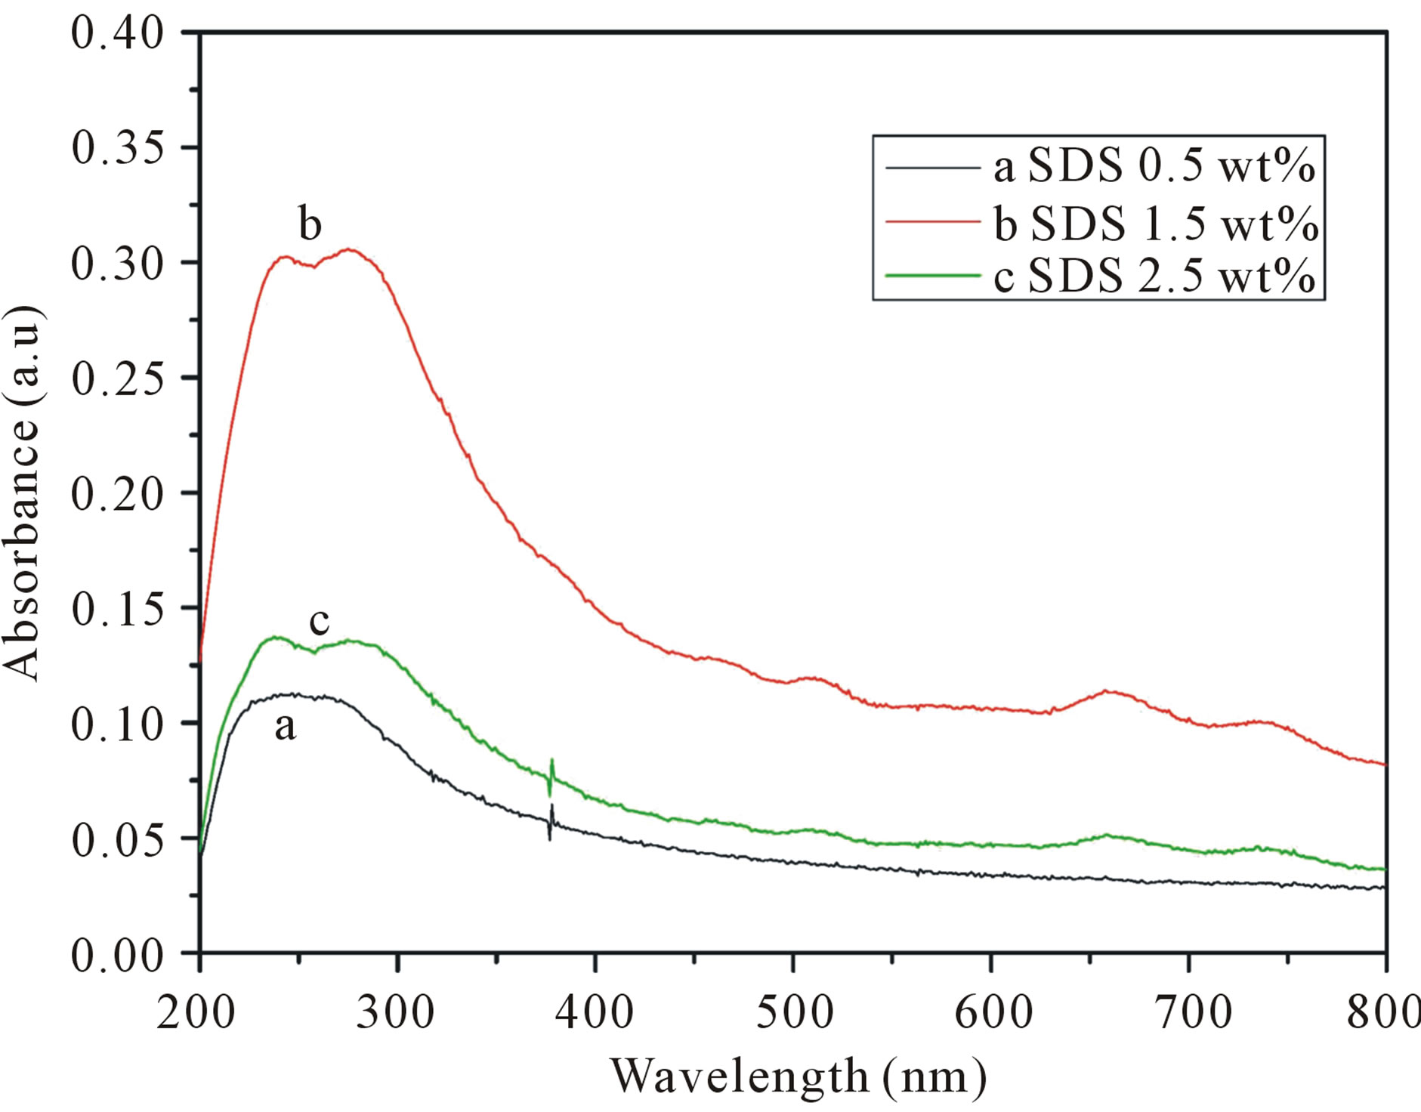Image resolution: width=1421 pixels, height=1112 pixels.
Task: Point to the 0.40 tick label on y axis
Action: (117, 33)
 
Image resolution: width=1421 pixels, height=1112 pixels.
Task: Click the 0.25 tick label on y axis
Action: (117, 378)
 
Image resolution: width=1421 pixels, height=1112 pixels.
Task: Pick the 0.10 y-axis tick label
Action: (117, 723)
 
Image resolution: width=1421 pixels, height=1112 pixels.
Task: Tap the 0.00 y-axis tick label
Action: (117, 955)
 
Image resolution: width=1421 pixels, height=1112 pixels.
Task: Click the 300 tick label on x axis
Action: (396, 1012)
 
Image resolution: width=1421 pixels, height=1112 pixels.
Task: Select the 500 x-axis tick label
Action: (794, 1012)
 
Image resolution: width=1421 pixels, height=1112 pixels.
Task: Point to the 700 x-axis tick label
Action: (1189, 1012)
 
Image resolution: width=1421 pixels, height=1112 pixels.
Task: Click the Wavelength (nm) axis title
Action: (798, 1076)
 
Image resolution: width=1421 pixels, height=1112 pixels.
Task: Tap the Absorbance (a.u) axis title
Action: (21, 493)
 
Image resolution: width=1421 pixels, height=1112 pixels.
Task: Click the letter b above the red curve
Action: (310, 224)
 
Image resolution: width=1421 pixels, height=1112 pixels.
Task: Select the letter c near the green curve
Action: (320, 621)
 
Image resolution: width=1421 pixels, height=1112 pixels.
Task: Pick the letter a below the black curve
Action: (285, 727)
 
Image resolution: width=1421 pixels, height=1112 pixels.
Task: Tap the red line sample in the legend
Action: (932, 221)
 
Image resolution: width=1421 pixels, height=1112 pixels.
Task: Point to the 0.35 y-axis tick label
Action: (117, 148)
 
